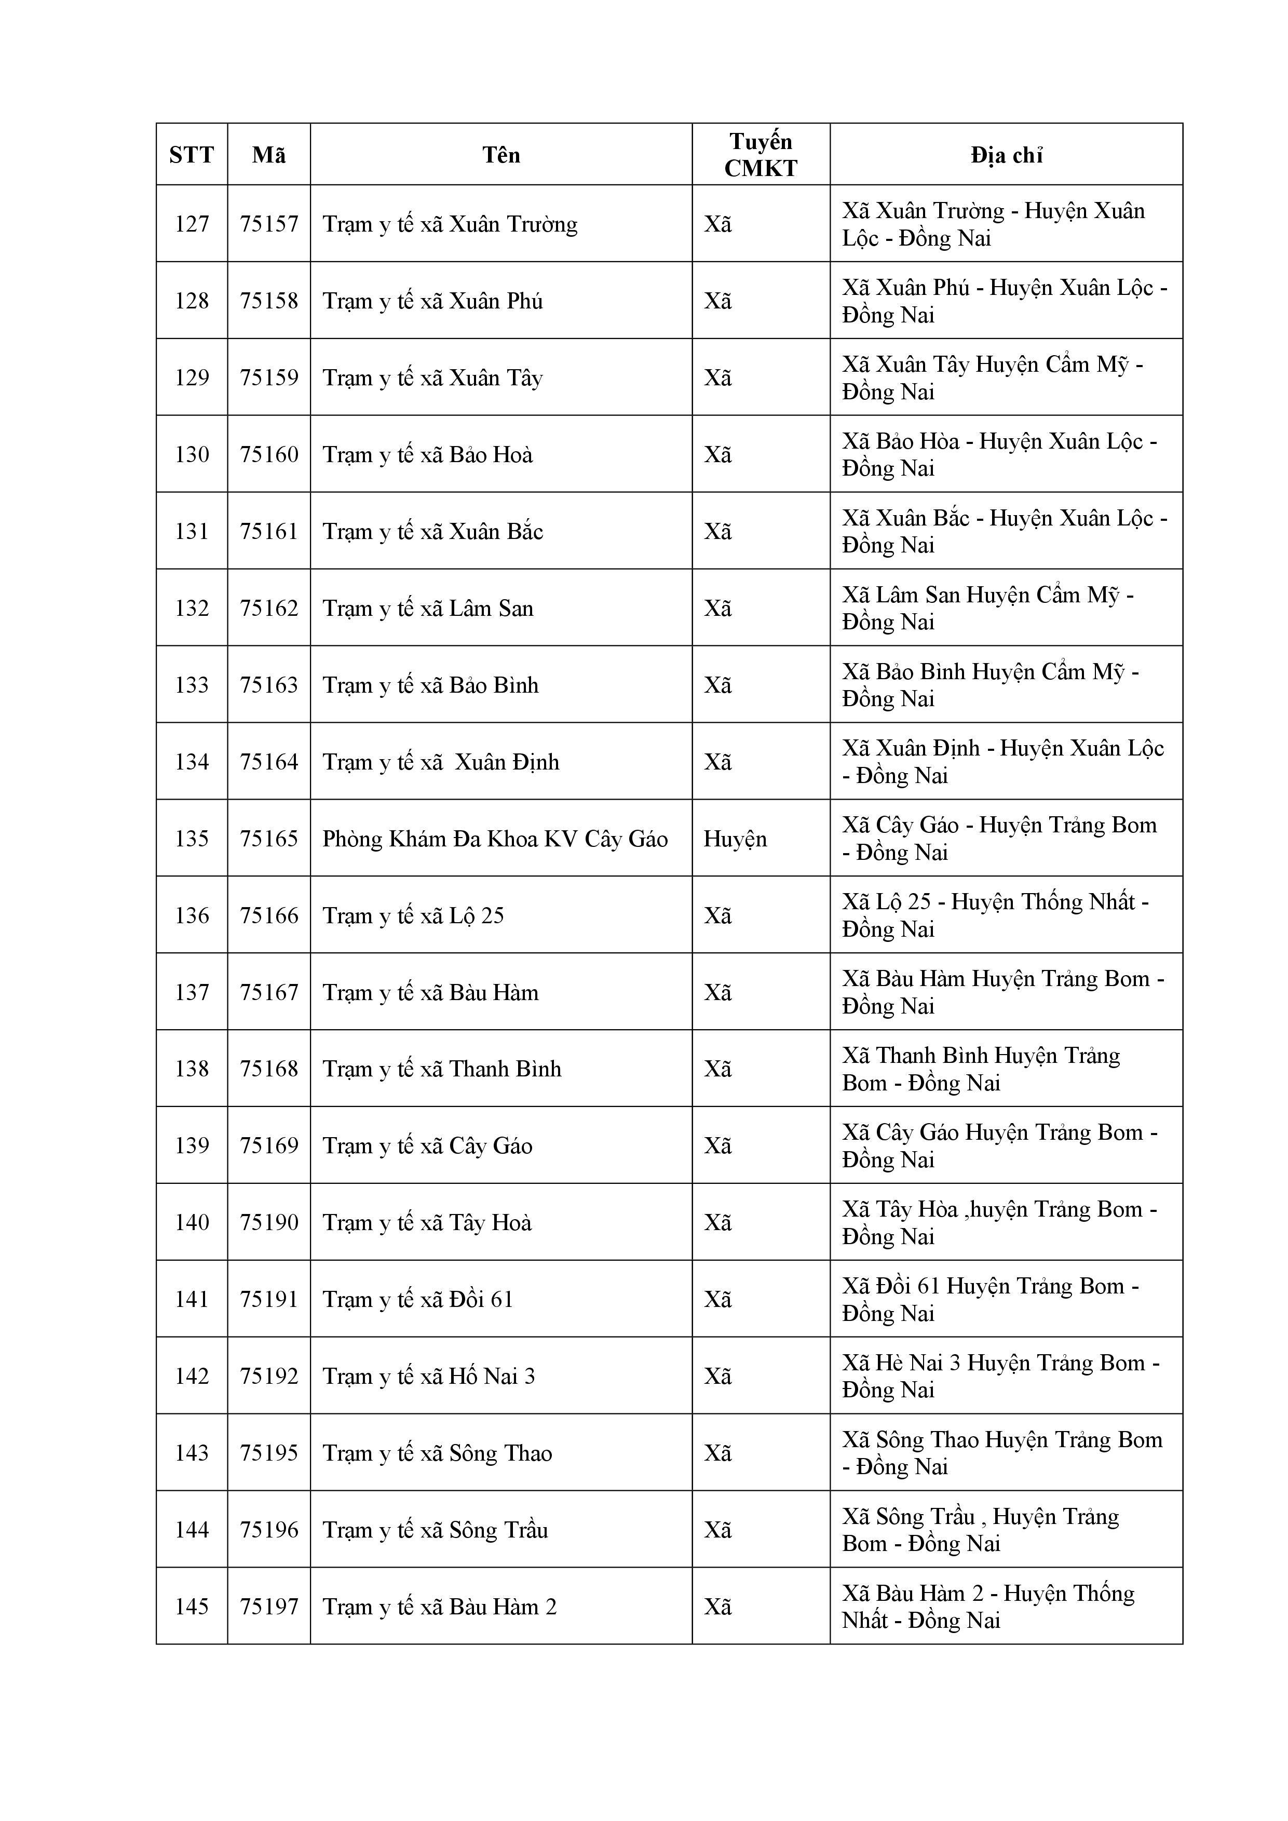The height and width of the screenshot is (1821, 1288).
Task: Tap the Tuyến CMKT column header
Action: click(x=760, y=155)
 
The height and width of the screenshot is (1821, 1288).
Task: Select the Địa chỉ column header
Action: click(x=1006, y=155)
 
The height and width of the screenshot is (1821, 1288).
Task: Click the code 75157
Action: click(x=269, y=224)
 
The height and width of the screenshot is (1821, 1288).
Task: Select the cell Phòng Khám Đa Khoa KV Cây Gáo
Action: click(x=495, y=839)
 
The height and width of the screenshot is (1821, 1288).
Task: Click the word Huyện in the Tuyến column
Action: click(x=735, y=839)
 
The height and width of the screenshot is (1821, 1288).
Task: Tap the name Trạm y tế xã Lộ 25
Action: click(x=413, y=915)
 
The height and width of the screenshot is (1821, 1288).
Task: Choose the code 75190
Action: click(x=269, y=1222)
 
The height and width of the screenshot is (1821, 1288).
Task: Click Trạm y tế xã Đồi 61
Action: click(x=418, y=1299)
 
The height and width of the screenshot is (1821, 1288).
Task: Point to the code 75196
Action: click(x=269, y=1529)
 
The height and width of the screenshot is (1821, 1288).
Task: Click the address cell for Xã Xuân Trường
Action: click(x=993, y=224)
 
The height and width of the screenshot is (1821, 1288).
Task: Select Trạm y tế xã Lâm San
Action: click(x=427, y=609)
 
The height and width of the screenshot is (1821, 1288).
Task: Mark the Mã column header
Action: click(x=269, y=155)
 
